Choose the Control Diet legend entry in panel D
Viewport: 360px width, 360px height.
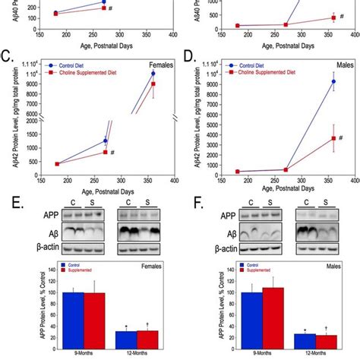tap(254, 65)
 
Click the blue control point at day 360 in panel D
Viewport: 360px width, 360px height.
tap(333, 81)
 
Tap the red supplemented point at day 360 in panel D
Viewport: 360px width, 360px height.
tap(333, 137)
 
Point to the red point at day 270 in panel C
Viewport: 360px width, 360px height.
tap(106, 153)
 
